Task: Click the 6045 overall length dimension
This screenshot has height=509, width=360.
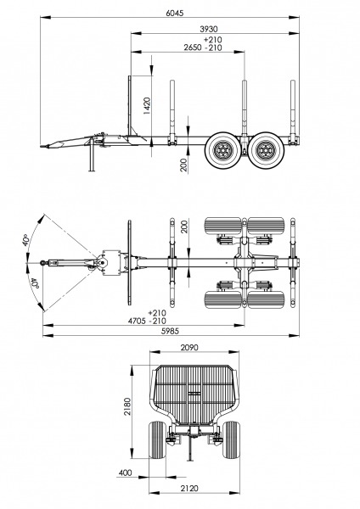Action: click(174, 13)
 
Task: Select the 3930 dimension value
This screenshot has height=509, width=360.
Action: click(208, 29)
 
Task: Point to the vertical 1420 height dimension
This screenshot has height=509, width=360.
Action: click(147, 106)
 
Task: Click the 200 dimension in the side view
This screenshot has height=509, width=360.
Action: click(183, 165)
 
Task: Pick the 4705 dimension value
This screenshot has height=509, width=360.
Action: click(137, 321)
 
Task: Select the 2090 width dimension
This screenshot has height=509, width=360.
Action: click(189, 348)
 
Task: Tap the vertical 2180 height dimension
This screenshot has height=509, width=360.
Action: click(127, 406)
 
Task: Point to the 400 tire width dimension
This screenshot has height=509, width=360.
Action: click(125, 473)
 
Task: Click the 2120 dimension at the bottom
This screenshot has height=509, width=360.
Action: click(189, 489)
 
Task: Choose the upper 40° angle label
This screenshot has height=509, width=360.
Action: click(26, 240)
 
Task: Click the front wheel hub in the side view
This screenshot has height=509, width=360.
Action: click(223, 150)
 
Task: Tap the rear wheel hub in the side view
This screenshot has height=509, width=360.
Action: click(266, 150)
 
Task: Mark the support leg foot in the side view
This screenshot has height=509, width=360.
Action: click(92, 170)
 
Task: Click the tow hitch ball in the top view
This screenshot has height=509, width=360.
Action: click(42, 262)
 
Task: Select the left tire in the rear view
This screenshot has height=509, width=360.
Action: click(157, 439)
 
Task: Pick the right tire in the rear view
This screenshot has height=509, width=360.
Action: click(231, 439)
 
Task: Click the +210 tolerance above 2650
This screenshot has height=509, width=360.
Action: click(213, 40)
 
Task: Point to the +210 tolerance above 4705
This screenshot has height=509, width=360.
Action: click(157, 313)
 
